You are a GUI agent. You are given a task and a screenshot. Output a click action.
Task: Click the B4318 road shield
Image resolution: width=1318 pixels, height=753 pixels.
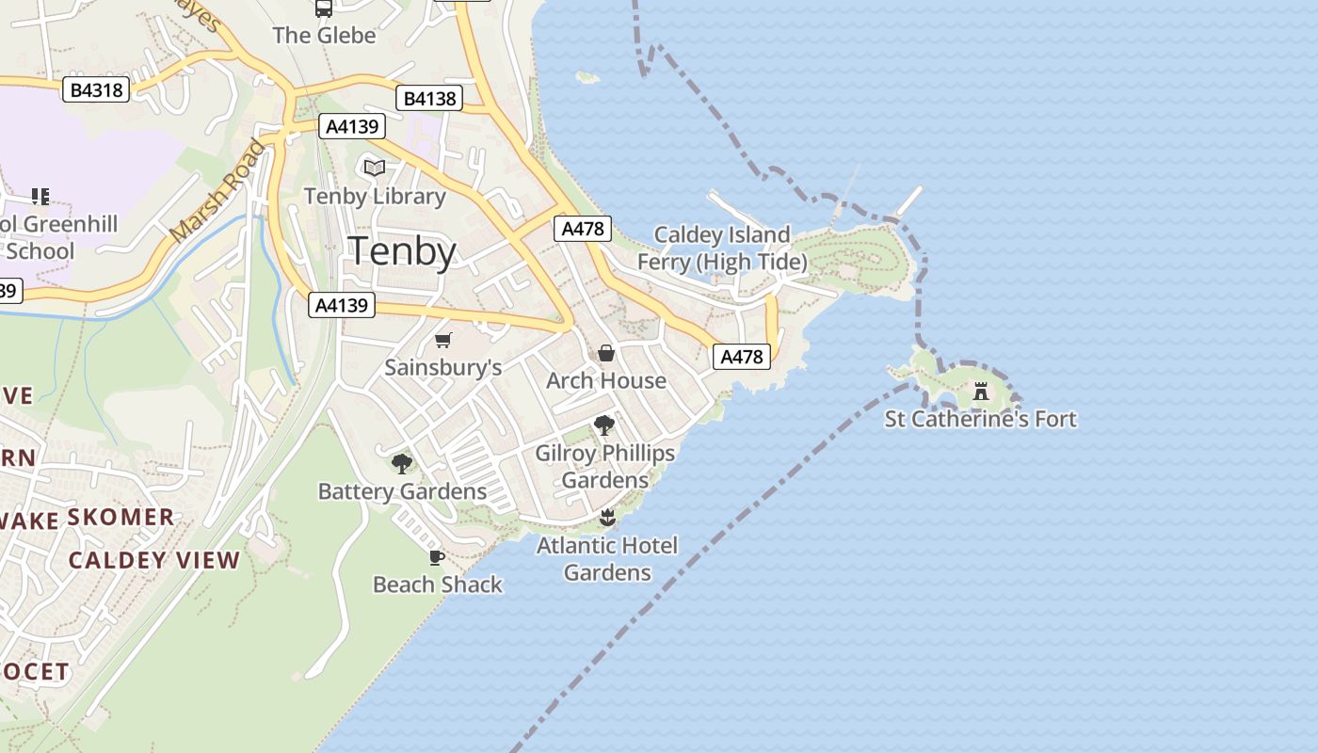pos(96,89)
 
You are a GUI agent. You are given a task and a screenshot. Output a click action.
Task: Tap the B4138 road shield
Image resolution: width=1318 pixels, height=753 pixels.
pos(429,98)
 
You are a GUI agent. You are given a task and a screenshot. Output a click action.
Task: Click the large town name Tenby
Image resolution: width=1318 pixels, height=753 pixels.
pos(402,251)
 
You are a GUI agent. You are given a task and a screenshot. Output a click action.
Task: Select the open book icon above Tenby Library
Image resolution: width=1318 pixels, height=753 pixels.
pos(375,168)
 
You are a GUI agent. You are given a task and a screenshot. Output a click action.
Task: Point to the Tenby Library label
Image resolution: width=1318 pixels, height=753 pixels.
pos(375,196)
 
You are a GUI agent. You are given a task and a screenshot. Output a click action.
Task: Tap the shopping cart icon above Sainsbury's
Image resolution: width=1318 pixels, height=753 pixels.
pos(443,340)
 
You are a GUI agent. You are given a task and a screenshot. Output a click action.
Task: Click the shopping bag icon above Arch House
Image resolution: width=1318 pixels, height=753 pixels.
pos(606,353)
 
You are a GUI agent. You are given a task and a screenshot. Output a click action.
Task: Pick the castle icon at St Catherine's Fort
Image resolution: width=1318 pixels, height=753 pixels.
pos(980,391)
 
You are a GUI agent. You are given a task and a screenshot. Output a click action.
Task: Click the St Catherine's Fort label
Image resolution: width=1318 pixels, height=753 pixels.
pos(980,419)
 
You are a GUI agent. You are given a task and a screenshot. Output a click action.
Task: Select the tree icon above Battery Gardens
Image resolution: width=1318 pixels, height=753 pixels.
pos(402,463)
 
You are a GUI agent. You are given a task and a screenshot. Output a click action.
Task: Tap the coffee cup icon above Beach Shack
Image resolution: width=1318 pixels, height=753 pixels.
pos(437,557)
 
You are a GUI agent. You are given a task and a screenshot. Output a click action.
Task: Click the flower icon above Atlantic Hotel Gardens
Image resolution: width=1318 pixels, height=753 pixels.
pos(607,517)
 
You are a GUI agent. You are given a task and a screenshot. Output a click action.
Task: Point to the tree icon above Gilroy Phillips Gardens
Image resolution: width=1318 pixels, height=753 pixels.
pos(604,425)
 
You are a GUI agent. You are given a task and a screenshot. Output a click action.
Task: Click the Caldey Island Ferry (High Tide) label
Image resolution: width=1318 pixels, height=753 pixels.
pos(722,248)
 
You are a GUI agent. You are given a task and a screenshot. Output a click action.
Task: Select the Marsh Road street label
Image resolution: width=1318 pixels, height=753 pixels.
pos(217,191)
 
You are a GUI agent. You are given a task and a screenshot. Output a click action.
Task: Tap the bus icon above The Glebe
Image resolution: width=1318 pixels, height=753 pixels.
pos(324,8)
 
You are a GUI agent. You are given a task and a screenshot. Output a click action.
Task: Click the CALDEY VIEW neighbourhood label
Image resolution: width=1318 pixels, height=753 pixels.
pos(154,560)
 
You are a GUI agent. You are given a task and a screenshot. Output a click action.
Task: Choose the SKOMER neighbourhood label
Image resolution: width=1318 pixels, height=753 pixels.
pos(121,517)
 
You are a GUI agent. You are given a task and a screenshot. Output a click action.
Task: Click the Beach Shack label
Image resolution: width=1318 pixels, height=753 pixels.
pos(438,585)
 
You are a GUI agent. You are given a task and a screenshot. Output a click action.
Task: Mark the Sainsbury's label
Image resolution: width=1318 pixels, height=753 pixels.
pos(442,367)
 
